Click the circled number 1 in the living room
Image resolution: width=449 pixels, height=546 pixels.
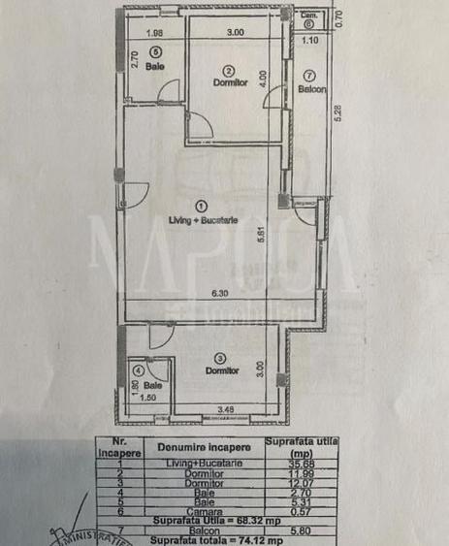202,206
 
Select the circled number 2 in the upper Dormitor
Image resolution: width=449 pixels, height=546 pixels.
229,70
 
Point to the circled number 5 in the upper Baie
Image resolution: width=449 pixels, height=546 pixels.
153,52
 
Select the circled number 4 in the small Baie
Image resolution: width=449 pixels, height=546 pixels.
139,369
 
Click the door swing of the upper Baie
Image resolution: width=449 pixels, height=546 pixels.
168,92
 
